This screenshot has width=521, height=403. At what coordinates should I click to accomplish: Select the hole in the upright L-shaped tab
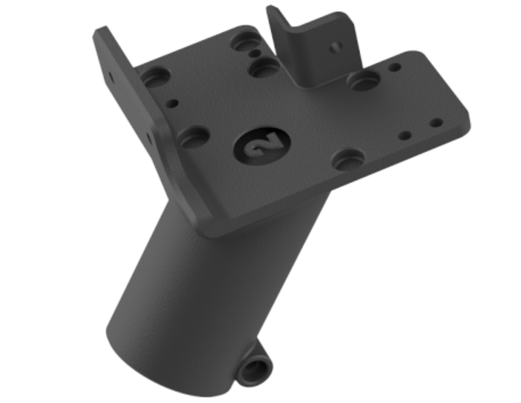(335, 48)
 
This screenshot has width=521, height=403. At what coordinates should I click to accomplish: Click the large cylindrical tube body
(204, 285)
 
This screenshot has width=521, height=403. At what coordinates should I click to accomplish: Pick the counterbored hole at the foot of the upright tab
(363, 80)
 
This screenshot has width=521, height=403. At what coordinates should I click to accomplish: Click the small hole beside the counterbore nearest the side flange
(172, 103)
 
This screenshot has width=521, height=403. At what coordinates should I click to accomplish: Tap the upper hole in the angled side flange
(110, 77)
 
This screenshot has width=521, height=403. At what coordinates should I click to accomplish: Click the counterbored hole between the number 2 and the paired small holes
(349, 159)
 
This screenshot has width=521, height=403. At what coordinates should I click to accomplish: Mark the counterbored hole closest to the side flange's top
(155, 77)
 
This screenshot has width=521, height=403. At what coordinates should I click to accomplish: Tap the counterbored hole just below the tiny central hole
(265, 67)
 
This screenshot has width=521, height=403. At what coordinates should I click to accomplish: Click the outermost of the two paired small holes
(436, 123)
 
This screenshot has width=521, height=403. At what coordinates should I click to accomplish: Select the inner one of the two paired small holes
(405, 136)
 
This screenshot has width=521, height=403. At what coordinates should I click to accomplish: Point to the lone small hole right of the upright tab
(394, 67)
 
